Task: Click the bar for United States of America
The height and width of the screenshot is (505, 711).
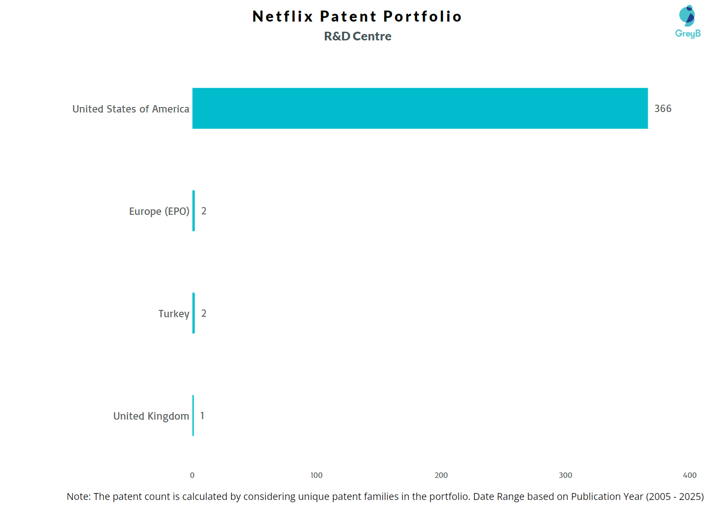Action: point(420,108)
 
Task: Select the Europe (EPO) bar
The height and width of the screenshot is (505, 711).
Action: point(194,211)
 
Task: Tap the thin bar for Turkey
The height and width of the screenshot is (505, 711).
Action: point(194,313)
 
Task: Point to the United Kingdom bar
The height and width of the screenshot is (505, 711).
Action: point(193,415)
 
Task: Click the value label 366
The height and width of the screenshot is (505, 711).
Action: point(662,109)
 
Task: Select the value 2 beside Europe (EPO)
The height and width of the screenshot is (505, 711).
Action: point(204,211)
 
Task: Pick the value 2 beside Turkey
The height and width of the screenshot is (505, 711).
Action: point(204,314)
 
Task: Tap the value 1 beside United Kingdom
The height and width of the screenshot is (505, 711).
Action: point(202,416)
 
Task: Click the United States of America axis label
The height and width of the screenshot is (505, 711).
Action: point(131,109)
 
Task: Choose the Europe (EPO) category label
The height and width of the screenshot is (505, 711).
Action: point(159,212)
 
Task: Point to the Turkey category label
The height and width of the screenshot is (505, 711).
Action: point(173,314)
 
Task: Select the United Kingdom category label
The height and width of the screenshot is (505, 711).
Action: point(151,416)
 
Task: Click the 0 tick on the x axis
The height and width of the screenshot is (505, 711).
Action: point(192,476)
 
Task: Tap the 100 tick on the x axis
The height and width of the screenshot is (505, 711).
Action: point(317,476)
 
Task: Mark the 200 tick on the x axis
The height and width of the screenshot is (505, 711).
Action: point(441,476)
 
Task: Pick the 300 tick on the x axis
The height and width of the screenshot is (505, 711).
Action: point(566,476)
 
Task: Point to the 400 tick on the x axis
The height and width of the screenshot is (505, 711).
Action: point(690,476)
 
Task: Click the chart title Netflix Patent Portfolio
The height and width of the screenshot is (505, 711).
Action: point(357,17)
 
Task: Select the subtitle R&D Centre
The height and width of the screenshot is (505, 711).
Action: point(357,36)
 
